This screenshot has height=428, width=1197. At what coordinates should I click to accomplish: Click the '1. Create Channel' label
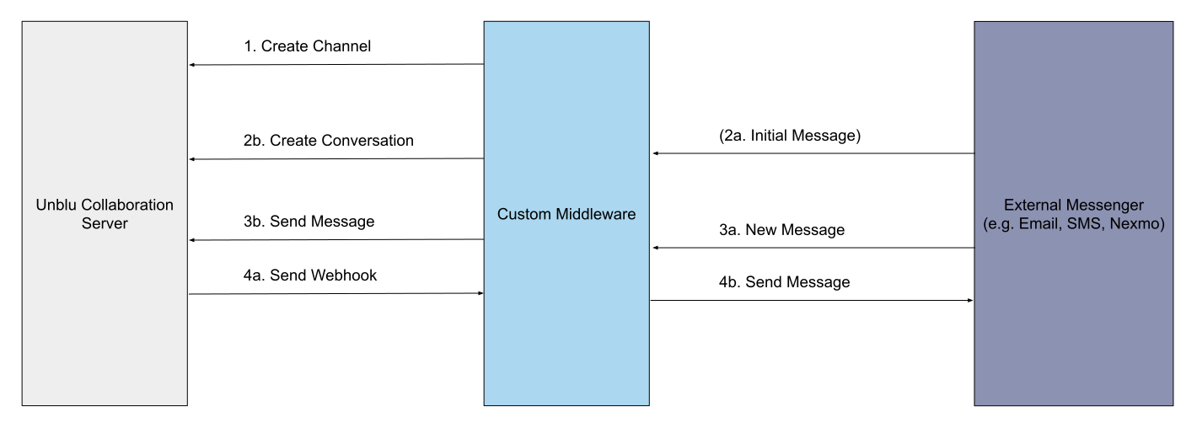point(307,46)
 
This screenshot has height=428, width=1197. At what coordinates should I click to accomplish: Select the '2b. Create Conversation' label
point(328,141)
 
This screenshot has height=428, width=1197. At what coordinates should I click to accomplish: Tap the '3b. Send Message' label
point(309,222)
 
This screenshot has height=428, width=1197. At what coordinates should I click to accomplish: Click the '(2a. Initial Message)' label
point(790,136)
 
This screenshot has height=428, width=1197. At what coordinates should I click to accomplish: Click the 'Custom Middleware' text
point(566,214)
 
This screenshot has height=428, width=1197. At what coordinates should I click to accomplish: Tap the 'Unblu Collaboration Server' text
point(105,214)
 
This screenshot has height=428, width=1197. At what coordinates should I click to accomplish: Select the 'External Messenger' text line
point(1073,206)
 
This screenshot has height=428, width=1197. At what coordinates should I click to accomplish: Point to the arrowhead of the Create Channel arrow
point(192,65)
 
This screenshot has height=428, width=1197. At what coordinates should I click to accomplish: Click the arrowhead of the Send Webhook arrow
point(479,293)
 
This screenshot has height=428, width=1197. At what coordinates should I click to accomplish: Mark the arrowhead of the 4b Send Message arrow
point(969,301)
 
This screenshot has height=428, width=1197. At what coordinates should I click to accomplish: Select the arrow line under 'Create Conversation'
point(337,159)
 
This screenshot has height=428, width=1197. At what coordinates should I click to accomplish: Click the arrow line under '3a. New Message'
point(813,248)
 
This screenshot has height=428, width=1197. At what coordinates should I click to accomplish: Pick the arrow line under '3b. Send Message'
point(337,240)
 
